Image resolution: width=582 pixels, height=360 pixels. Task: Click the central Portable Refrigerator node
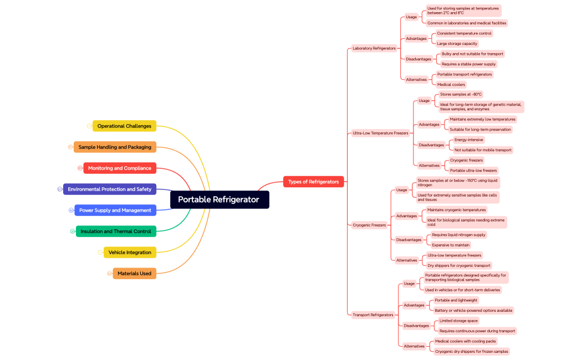[x=219, y=200]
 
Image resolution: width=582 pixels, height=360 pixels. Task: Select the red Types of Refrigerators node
[x=313, y=182]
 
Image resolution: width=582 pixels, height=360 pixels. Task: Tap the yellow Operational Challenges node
[x=124, y=126]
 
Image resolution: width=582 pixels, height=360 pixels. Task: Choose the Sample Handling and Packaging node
[x=115, y=147]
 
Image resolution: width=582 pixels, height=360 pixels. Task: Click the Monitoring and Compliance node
[x=120, y=168]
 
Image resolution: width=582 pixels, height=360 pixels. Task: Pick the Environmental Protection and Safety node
[x=110, y=189]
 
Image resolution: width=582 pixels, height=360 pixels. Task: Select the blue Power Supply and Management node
[x=115, y=210]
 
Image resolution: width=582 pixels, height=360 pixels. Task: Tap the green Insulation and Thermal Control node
[x=116, y=232]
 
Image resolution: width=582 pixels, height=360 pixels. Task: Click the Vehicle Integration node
[x=130, y=253]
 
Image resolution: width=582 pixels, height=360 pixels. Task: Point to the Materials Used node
[x=134, y=274]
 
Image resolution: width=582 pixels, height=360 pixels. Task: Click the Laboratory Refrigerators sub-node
[x=374, y=49]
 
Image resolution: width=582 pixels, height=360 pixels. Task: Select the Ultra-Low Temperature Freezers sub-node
[x=380, y=133]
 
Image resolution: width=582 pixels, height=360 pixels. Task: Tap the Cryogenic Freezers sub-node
[x=369, y=225]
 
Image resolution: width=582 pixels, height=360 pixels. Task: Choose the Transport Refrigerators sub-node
[x=373, y=315]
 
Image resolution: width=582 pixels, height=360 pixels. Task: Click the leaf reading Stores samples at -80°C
[x=461, y=95]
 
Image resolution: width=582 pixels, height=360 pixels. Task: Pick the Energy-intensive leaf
[x=469, y=140]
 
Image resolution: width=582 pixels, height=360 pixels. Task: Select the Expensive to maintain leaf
[x=451, y=245]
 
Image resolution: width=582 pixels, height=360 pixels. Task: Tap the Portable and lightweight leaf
[x=456, y=301]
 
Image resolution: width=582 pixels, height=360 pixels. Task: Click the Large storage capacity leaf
[x=457, y=44]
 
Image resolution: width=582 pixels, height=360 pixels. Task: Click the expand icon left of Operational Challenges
[x=89, y=126]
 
